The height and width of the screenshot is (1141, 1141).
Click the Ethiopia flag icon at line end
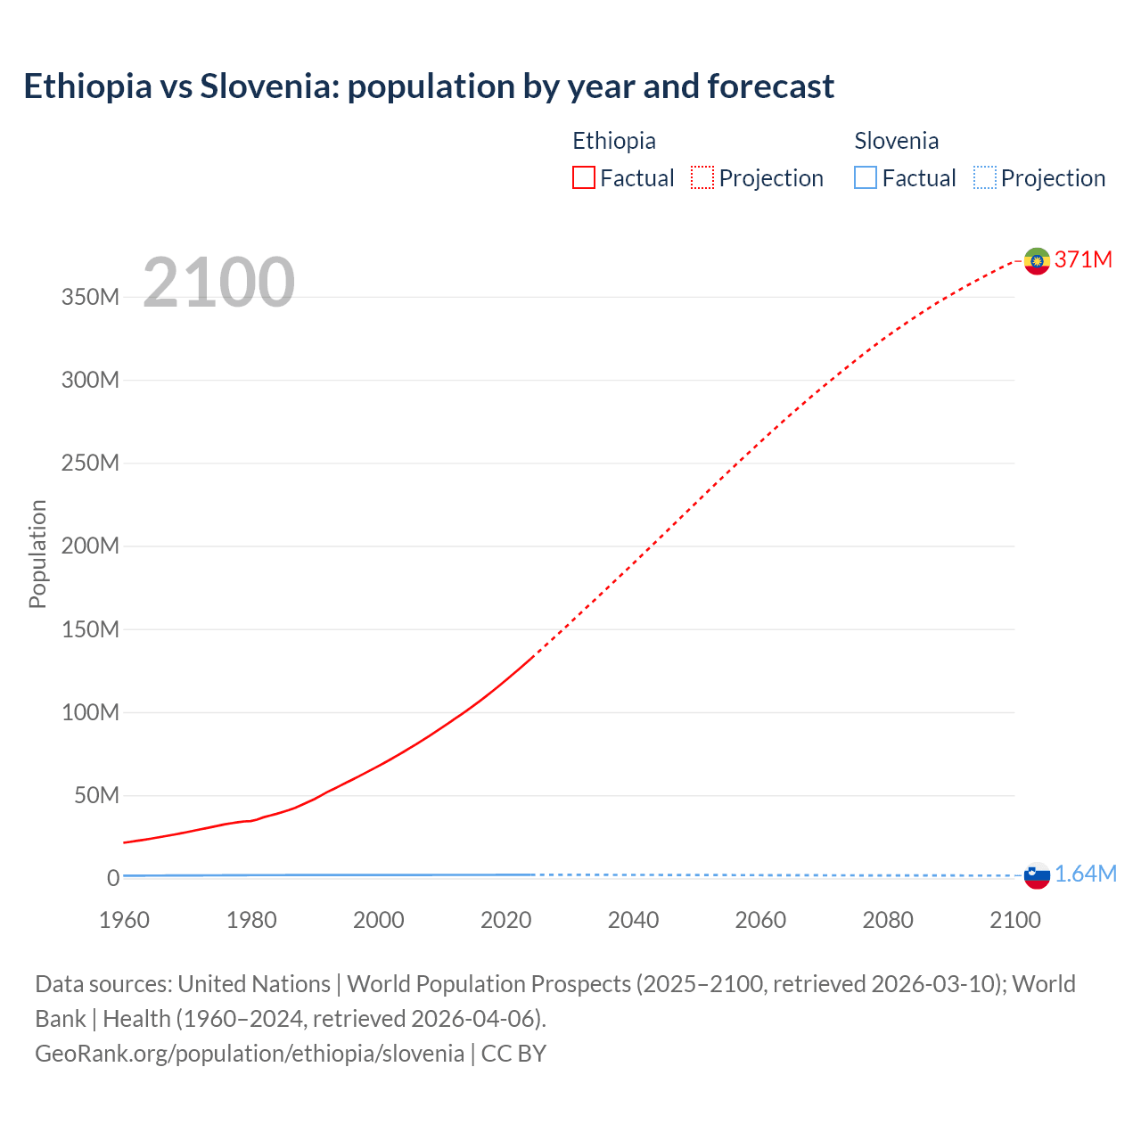click(1037, 260)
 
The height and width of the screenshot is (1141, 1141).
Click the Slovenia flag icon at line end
click(1037, 875)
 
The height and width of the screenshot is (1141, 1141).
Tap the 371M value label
click(1083, 259)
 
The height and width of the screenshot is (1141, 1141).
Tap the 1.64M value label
click(1085, 874)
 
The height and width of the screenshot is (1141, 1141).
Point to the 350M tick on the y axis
click(90, 298)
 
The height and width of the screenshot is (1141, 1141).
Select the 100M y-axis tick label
click(90, 713)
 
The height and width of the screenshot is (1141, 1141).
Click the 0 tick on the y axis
click(112, 879)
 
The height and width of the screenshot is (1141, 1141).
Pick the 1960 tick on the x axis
click(124, 920)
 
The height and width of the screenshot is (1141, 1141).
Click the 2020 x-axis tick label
click(505, 920)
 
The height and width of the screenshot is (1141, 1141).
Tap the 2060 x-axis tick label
click(760, 920)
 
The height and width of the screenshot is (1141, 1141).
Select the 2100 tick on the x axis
click(1014, 920)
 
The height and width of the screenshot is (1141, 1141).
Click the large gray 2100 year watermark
click(218, 283)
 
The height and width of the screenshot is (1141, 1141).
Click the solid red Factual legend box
click(584, 178)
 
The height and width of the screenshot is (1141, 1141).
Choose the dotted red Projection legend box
click(702, 178)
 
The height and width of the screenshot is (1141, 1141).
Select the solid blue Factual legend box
click(866, 178)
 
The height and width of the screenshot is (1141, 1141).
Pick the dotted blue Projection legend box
click(984, 178)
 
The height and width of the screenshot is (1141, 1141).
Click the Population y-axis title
click(37, 554)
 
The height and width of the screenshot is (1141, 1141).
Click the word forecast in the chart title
click(771, 86)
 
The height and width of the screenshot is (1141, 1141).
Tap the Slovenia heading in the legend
click(896, 141)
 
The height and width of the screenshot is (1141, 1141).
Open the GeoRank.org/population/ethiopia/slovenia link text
click(250, 1054)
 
